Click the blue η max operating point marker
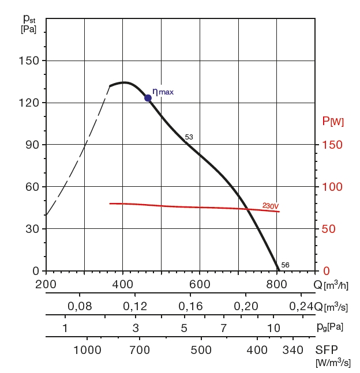pos(148,98)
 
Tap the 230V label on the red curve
pos(270,205)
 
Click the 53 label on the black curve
pos(189,137)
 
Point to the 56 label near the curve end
pos(285,265)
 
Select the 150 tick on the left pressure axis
pos(29,61)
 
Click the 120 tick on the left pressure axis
pos(29,103)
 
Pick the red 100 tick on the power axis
pos(332,187)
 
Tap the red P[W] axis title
pos(333,122)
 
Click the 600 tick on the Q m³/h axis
pos(200,284)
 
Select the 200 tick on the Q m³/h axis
pos(46,284)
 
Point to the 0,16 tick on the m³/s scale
pos(191,306)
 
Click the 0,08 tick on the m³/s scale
pos(80,306)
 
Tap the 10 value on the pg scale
pos(274,328)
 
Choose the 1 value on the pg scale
pos(65,328)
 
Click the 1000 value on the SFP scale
pos(88,351)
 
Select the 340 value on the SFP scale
pos(293,351)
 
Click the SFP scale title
pos(327,350)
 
